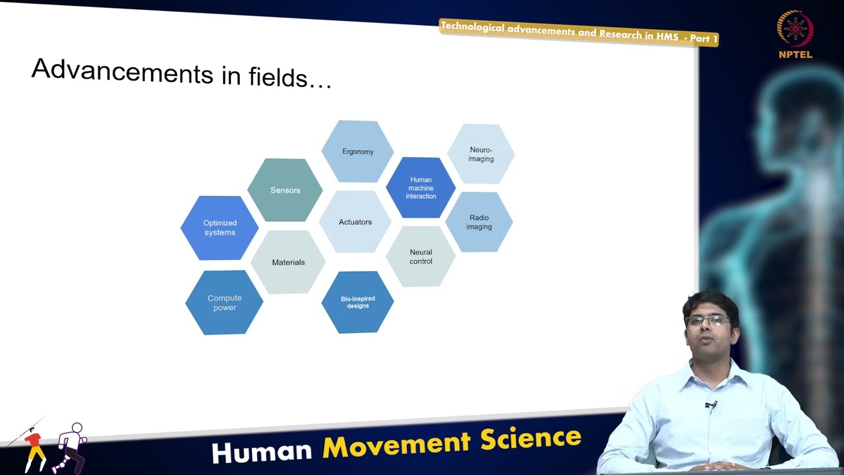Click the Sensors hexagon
[285, 190]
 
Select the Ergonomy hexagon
[357, 152]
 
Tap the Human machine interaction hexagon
[421, 188]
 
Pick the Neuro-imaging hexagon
[481, 154]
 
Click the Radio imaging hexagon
[479, 222]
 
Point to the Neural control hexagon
[421, 257]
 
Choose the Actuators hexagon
[355, 222]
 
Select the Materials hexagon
[288, 262]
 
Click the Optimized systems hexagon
[220, 228]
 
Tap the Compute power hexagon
[224, 303]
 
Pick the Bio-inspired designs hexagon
[357, 302]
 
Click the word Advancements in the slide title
[122, 71]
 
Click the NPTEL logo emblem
[795, 29]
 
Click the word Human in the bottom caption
[262, 452]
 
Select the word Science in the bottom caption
[531, 438]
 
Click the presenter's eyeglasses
[708, 321]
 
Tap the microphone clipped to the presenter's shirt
[710, 405]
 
